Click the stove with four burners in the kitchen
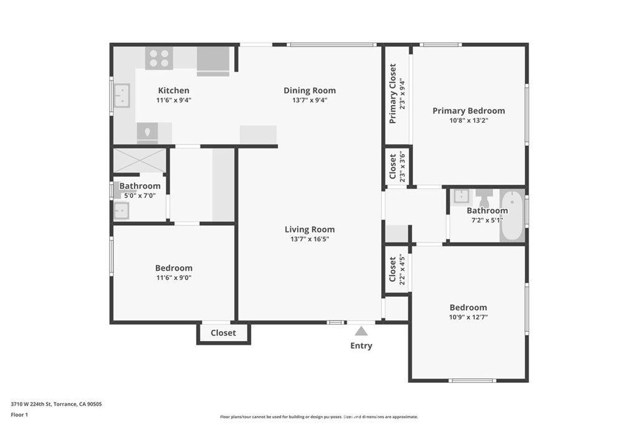coord(159,58)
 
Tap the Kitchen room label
coord(173,90)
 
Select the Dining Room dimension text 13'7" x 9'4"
coord(310,100)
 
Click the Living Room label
coord(310,229)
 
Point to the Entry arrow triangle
coord(361,332)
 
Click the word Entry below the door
coord(361,346)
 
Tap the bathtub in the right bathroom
coord(513,215)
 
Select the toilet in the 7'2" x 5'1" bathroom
coord(484,198)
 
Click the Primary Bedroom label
coord(469,111)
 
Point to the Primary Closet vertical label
coord(393,93)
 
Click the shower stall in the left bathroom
coord(139,160)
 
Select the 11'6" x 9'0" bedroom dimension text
coord(174,278)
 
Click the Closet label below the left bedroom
coord(223,333)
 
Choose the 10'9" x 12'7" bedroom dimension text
coord(469,317)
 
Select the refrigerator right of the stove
coord(213,60)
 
